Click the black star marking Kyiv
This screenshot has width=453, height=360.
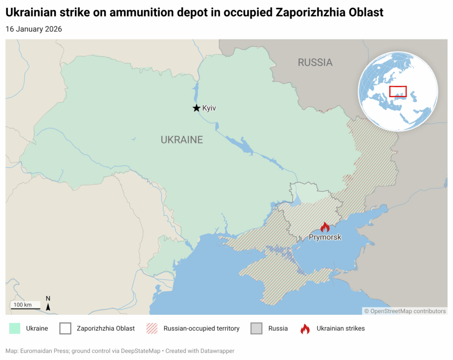click(196, 108)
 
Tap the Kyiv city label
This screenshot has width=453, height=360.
click(209, 108)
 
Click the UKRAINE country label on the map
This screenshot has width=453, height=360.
click(181, 140)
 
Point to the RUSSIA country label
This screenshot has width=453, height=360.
click(315, 62)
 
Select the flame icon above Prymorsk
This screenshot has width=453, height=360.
click(325, 227)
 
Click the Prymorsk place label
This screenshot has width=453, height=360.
click(325, 237)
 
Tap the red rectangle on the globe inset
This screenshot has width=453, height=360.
click(398, 91)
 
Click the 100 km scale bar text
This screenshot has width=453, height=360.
click(23, 305)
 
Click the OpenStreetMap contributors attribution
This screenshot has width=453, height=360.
click(405, 311)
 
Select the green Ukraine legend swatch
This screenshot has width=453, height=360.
click(15, 329)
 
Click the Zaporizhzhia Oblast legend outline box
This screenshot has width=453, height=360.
click(65, 329)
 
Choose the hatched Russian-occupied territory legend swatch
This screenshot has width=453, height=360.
click(152, 329)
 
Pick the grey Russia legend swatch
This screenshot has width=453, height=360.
click(257, 329)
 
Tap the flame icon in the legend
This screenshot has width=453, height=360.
click(305, 329)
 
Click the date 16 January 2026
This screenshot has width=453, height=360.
click(34, 29)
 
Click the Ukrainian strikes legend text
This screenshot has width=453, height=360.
click(341, 329)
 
